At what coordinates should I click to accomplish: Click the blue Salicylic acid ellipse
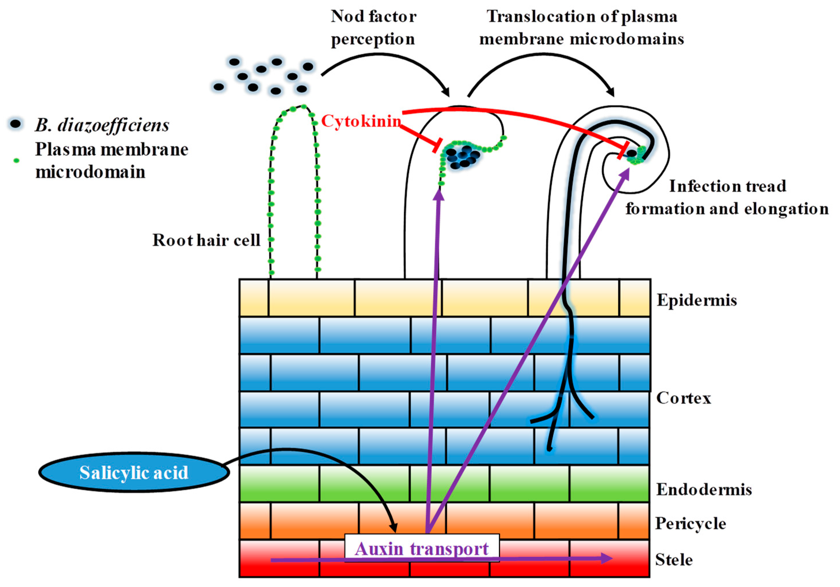tap(134, 472)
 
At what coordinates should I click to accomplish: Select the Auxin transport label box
tap(421, 548)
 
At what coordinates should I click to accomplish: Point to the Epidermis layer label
tap(697, 300)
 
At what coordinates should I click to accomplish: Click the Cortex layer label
tap(683, 398)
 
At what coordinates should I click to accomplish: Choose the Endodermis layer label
tap(704, 489)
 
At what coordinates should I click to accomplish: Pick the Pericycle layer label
tap(690, 523)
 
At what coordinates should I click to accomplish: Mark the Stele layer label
tap(674, 560)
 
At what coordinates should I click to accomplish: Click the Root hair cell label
tap(206, 240)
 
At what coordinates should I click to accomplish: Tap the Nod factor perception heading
tap(373, 28)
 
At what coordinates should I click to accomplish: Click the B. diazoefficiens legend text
tap(102, 125)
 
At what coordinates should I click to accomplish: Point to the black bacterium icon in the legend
tap(15, 124)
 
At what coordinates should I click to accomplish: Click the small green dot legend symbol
tap(16, 160)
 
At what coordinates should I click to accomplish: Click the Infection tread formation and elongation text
tap(726, 197)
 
